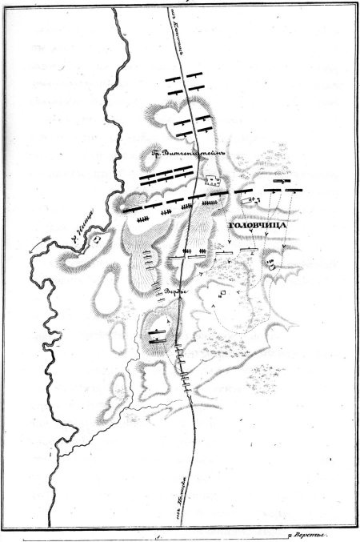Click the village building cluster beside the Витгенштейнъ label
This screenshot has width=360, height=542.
click(x=212, y=180)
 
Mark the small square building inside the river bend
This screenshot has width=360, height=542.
click(x=97, y=238)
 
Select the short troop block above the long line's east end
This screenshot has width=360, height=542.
click(x=280, y=182)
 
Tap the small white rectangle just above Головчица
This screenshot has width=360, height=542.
click(x=252, y=199)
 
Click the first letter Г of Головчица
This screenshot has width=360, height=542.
click(x=233, y=227)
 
